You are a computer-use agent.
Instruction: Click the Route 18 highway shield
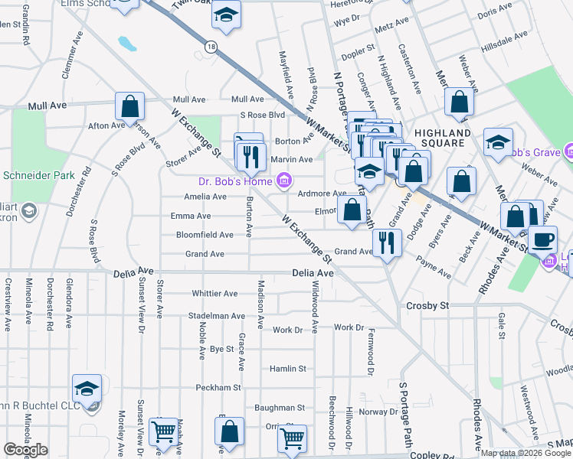[x=211, y=47]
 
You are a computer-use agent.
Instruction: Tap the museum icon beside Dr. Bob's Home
[x=283, y=181]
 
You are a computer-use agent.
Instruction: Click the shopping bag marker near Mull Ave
[x=130, y=106]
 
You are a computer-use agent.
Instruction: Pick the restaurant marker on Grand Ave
[x=387, y=243]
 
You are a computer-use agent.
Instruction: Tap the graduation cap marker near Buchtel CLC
[x=87, y=388]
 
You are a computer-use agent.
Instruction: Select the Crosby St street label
[x=427, y=305]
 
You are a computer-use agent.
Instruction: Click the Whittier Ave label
[x=215, y=294]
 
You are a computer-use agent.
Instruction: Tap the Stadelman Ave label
[x=218, y=316]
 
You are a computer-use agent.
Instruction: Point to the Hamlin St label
[x=287, y=369]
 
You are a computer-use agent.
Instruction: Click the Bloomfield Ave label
[x=205, y=235]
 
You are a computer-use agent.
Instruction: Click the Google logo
[x=25, y=450]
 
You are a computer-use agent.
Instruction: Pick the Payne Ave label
[x=433, y=267]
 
